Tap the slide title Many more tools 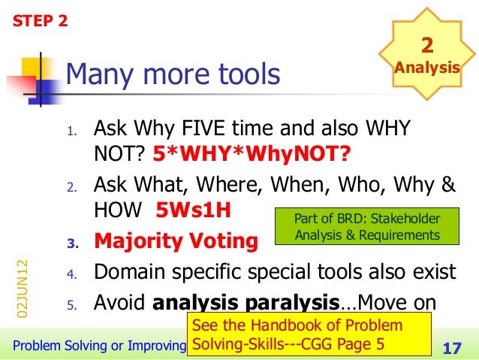[173, 74]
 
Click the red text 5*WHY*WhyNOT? [252, 154]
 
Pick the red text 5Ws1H [192, 210]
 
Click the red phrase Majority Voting [175, 243]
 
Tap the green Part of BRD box [368, 226]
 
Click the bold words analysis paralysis [245, 303]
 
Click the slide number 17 [452, 346]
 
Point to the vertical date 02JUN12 [23, 290]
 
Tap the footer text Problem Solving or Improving [92, 346]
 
